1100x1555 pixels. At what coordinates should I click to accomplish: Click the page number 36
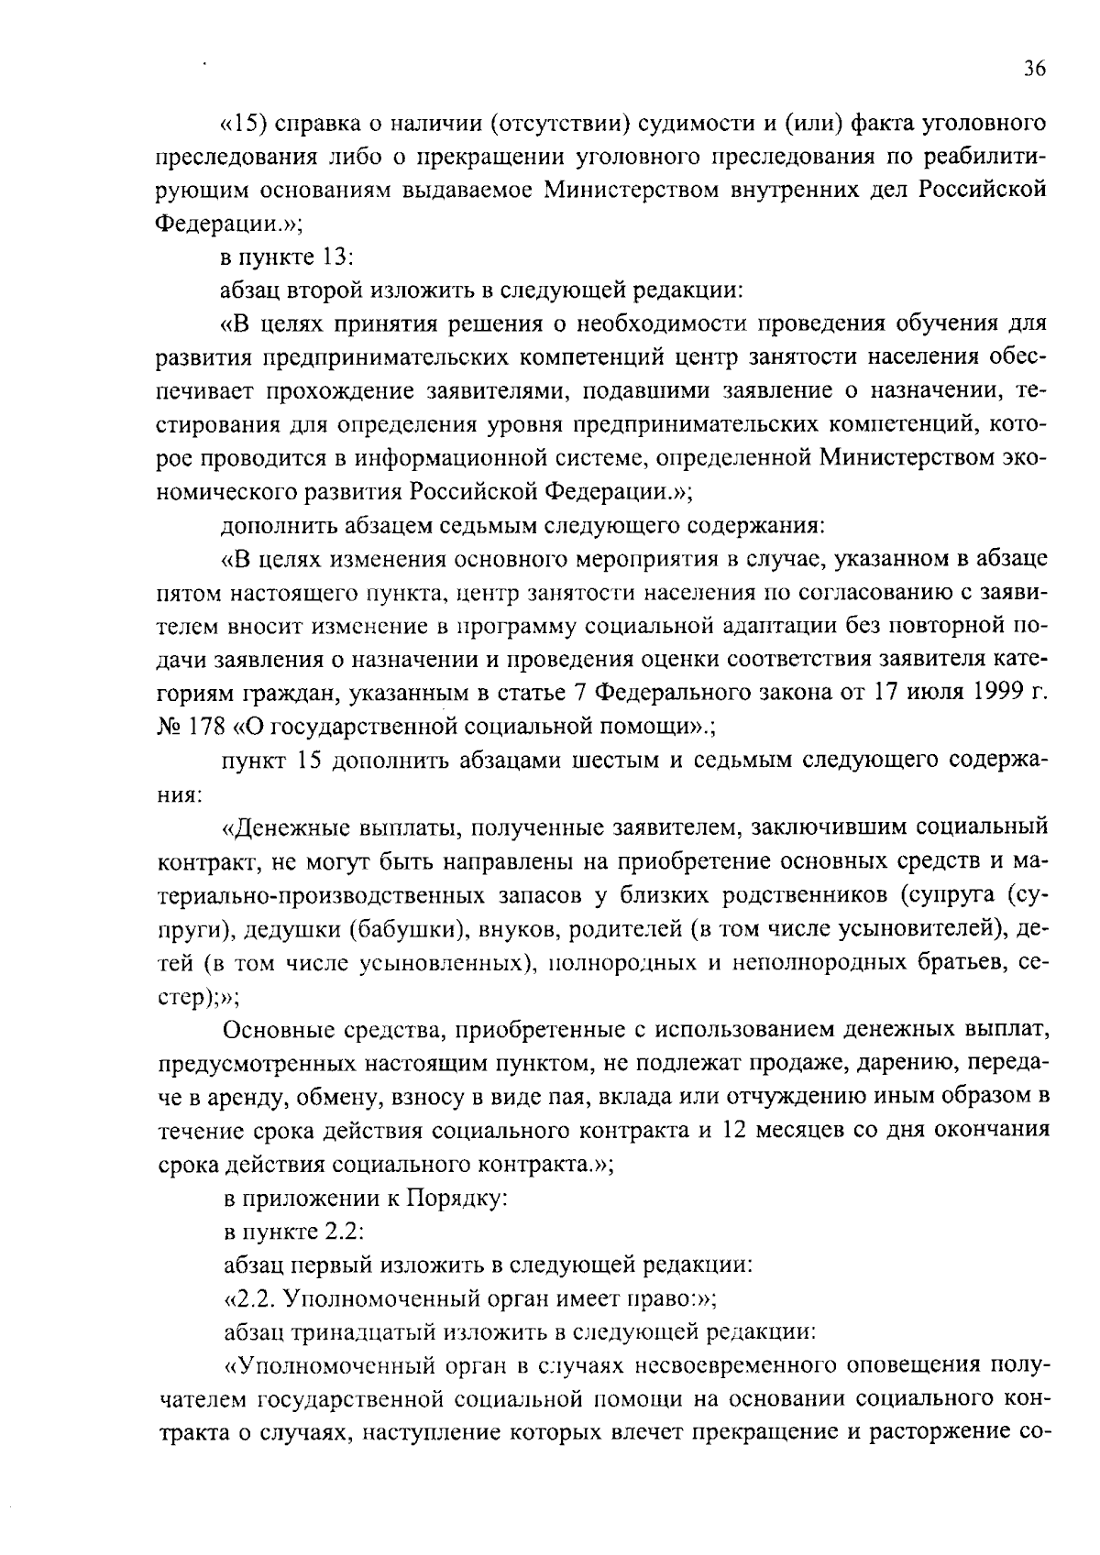[1034, 70]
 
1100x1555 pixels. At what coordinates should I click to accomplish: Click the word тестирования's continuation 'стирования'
[207, 425]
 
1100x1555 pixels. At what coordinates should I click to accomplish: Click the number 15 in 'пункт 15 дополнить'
[307, 761]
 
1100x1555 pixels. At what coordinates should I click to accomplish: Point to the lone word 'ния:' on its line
[175, 794]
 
